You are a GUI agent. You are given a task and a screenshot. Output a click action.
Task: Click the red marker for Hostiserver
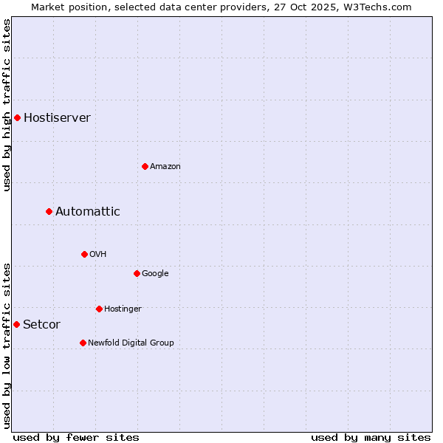click(17, 117)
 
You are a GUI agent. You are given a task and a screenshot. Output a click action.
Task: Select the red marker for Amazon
click(145, 166)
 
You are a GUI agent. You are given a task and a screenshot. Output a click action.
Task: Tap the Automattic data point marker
click(49, 211)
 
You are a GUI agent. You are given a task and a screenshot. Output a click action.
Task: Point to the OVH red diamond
click(84, 254)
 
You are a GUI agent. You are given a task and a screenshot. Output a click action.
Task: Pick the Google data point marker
click(137, 273)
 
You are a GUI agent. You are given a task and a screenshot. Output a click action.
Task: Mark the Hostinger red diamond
click(99, 309)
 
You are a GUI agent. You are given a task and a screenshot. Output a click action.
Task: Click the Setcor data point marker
click(16, 324)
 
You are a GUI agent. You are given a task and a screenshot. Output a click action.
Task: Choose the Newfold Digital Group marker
click(83, 343)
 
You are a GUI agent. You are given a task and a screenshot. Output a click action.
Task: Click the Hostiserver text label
click(57, 117)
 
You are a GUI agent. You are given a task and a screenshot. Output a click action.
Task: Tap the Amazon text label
click(165, 166)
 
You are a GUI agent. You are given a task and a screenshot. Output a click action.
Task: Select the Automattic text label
click(87, 211)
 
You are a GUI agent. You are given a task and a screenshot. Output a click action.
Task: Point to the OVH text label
click(98, 254)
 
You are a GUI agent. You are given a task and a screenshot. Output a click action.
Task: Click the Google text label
click(155, 273)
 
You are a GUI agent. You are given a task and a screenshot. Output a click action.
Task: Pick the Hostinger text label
click(123, 309)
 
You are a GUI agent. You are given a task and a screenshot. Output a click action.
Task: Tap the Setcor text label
click(41, 324)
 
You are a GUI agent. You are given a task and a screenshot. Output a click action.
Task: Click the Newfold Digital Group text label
click(131, 343)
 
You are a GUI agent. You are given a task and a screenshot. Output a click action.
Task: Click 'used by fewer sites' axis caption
click(76, 437)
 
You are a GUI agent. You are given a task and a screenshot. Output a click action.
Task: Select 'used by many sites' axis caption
click(371, 437)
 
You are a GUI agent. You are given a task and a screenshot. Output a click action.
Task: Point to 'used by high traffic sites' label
click(7, 105)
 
